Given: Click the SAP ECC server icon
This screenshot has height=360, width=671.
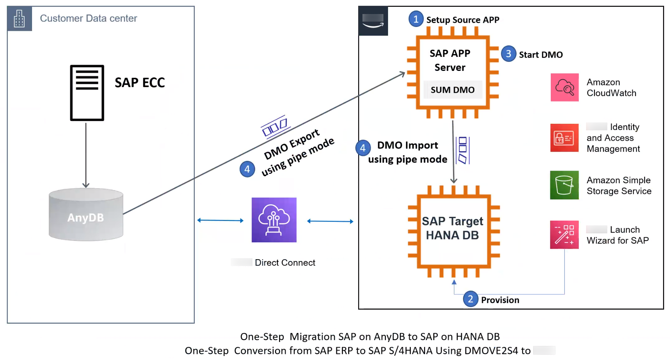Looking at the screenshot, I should click(87, 93).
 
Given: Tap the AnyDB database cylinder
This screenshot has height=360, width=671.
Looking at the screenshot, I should click(86, 215).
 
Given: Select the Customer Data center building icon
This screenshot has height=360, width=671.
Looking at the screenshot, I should click(19, 18).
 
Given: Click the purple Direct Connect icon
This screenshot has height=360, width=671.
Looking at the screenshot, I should click(274, 220).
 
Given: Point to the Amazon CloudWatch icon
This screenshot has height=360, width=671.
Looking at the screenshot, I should click(564, 87).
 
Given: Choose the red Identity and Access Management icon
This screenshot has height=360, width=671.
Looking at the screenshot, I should click(564, 138).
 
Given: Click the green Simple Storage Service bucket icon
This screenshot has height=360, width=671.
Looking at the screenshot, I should click(564, 185).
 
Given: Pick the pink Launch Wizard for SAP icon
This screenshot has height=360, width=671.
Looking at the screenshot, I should click(564, 235).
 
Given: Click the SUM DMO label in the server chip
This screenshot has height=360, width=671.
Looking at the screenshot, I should click(452, 90).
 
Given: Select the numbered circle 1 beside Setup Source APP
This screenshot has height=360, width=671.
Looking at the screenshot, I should click(416, 19).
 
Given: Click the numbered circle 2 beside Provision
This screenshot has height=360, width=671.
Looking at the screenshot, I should click(470, 299).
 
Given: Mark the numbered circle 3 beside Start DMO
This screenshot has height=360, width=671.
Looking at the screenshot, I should click(508, 54).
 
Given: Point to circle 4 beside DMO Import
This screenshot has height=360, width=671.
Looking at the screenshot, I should click(363, 148).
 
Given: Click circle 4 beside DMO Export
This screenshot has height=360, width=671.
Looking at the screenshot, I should click(247, 169).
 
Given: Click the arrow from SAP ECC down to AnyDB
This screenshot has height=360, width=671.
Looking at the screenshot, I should click(86, 155).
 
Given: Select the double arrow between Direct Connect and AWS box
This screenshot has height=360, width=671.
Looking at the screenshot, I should click(330, 221).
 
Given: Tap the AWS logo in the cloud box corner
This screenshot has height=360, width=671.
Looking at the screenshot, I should click(373, 21).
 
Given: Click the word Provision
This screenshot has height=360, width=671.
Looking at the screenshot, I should click(500, 300).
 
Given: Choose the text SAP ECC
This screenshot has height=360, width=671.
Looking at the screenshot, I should click(140, 83).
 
